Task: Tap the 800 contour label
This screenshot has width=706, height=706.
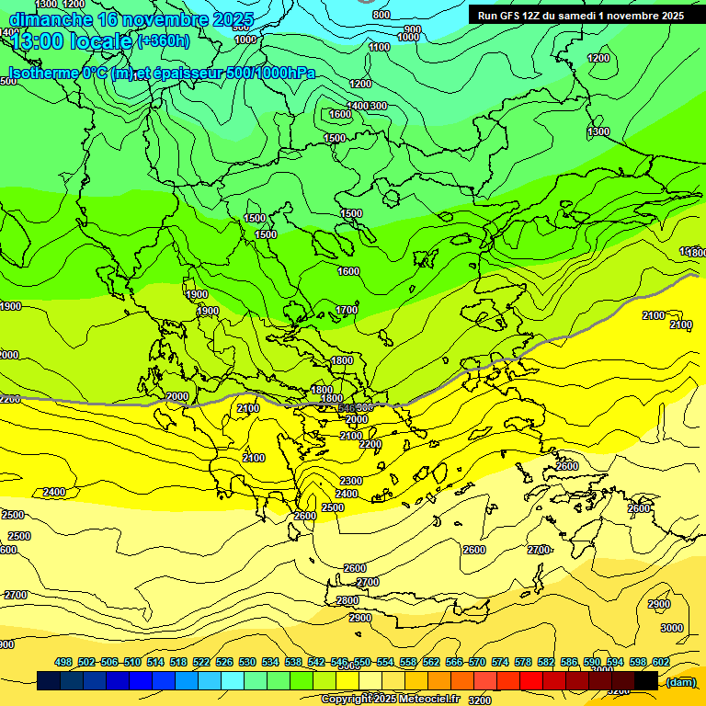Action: (381, 15)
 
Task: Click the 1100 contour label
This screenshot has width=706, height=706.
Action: (379, 47)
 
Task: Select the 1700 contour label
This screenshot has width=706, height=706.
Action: (347, 311)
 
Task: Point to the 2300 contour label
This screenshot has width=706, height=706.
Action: (351, 481)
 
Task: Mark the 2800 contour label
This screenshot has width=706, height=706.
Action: (347, 600)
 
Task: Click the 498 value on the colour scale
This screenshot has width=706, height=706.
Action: (63, 663)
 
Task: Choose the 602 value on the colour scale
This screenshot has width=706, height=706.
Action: (661, 663)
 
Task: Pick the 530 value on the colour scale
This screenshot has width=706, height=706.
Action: (247, 663)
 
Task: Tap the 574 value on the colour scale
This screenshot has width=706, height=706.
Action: (500, 663)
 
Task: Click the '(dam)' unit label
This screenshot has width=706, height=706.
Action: (680, 681)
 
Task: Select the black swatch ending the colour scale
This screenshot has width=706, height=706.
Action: (646, 680)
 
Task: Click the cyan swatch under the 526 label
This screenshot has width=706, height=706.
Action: (232, 680)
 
